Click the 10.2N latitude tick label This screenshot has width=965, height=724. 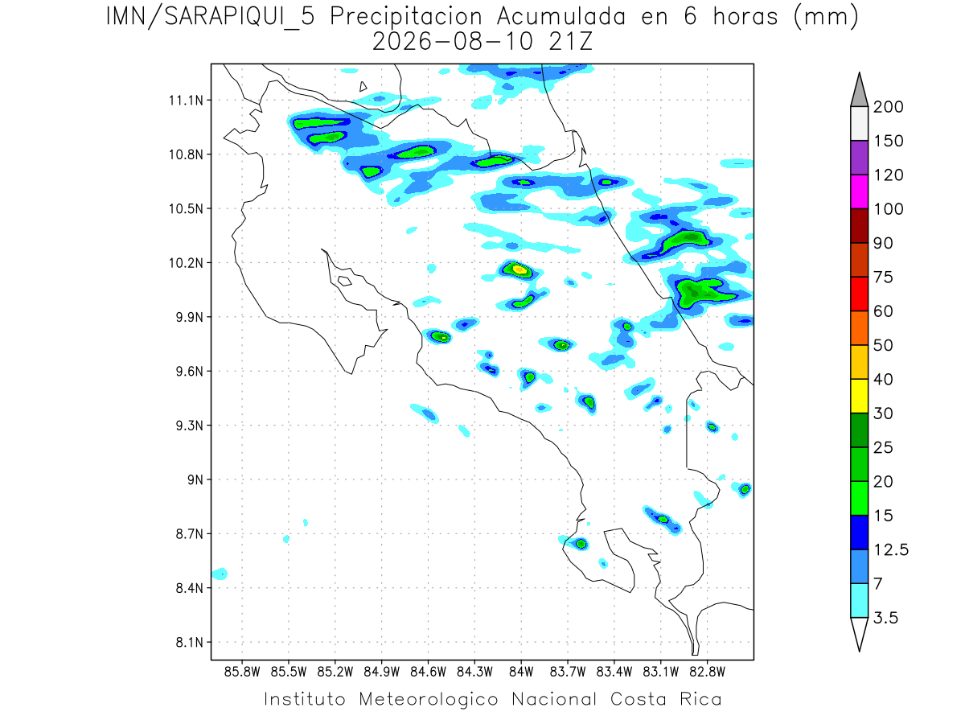tap(186, 263)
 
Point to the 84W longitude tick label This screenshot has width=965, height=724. tap(521, 672)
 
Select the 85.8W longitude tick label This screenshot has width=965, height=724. tap(242, 672)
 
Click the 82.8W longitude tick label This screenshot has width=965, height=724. tap(707, 672)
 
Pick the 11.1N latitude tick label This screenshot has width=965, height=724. tap(186, 101)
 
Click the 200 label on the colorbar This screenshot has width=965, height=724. tap(888, 107)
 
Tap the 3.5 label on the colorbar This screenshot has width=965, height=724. tap(885, 618)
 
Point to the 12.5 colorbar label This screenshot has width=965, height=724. tap(891, 549)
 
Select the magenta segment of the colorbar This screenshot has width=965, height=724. tap(859, 191)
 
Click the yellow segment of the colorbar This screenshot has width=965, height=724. tap(859, 396)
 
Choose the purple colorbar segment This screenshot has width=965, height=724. tap(859, 158)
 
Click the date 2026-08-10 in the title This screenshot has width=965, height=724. tap(453, 42)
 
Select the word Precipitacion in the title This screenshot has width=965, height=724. tap(406, 17)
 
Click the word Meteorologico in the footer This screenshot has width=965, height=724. tap(429, 699)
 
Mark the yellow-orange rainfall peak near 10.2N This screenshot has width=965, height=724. tap(519, 269)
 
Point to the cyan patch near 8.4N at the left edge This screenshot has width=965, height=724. tap(220, 574)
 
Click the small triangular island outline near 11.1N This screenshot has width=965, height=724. tap(363, 87)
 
